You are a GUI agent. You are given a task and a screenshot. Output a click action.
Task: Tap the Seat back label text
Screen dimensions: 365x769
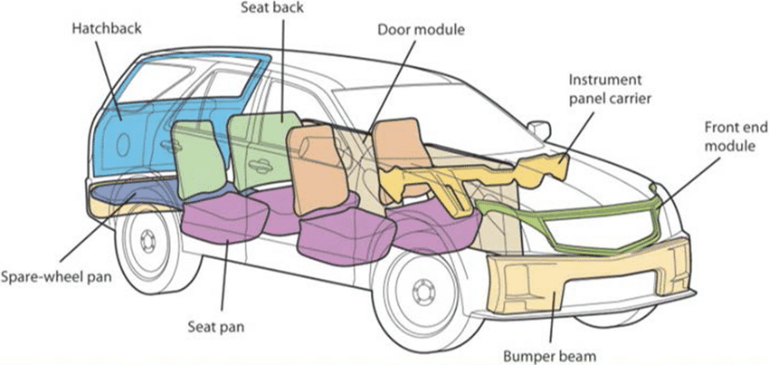(272, 8)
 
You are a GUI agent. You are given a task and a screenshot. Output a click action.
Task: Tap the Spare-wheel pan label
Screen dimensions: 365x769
(56, 275)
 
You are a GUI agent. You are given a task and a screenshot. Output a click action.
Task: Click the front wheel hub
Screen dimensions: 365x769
(422, 292)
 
